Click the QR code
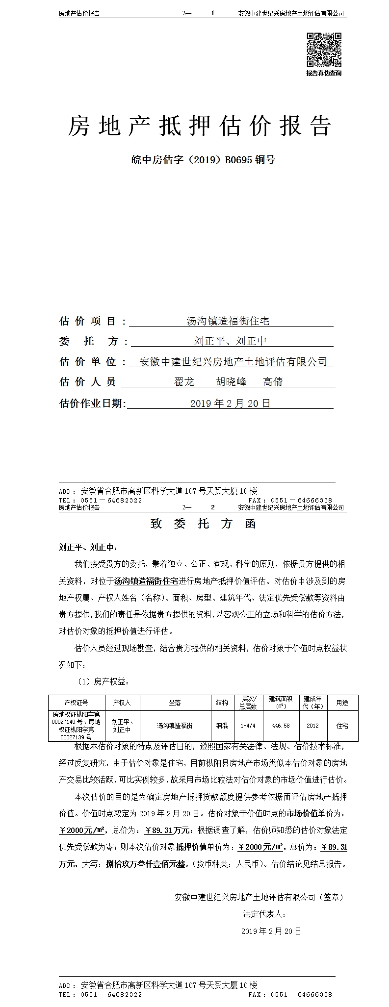(324, 50)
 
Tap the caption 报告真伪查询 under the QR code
(324, 74)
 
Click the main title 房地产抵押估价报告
(199, 126)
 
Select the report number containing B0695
(203, 160)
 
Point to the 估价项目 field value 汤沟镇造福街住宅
(228, 321)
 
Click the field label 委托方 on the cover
(93, 341)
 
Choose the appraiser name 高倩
(273, 382)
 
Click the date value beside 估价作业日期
(230, 403)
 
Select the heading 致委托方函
(203, 524)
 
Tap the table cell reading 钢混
(222, 726)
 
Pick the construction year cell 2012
(312, 726)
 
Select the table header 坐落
(175, 703)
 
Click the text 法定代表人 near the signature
(264, 914)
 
